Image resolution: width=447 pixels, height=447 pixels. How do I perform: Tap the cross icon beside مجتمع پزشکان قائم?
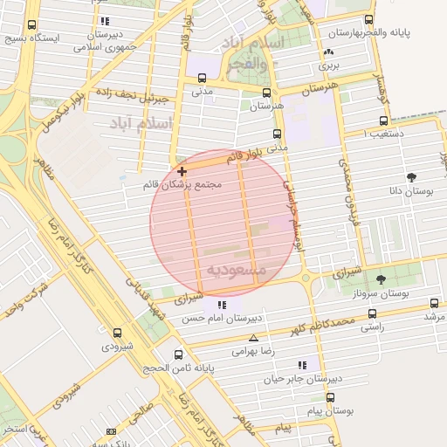point(182,171)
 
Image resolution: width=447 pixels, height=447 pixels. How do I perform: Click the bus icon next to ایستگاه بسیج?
point(32,25)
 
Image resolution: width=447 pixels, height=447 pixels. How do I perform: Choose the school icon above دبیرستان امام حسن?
point(222,306)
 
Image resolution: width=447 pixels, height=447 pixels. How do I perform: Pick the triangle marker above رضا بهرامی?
point(253,338)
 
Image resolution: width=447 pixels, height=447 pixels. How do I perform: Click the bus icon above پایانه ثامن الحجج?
point(179,354)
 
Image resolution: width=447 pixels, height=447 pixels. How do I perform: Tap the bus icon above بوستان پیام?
point(330,397)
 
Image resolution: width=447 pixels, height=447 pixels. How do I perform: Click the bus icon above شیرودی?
point(117,333)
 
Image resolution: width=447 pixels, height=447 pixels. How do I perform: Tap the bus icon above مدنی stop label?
point(203,76)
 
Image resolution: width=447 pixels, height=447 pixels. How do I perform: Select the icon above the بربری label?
point(328,52)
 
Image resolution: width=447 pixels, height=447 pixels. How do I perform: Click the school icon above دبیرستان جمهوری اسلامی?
point(105,21)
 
